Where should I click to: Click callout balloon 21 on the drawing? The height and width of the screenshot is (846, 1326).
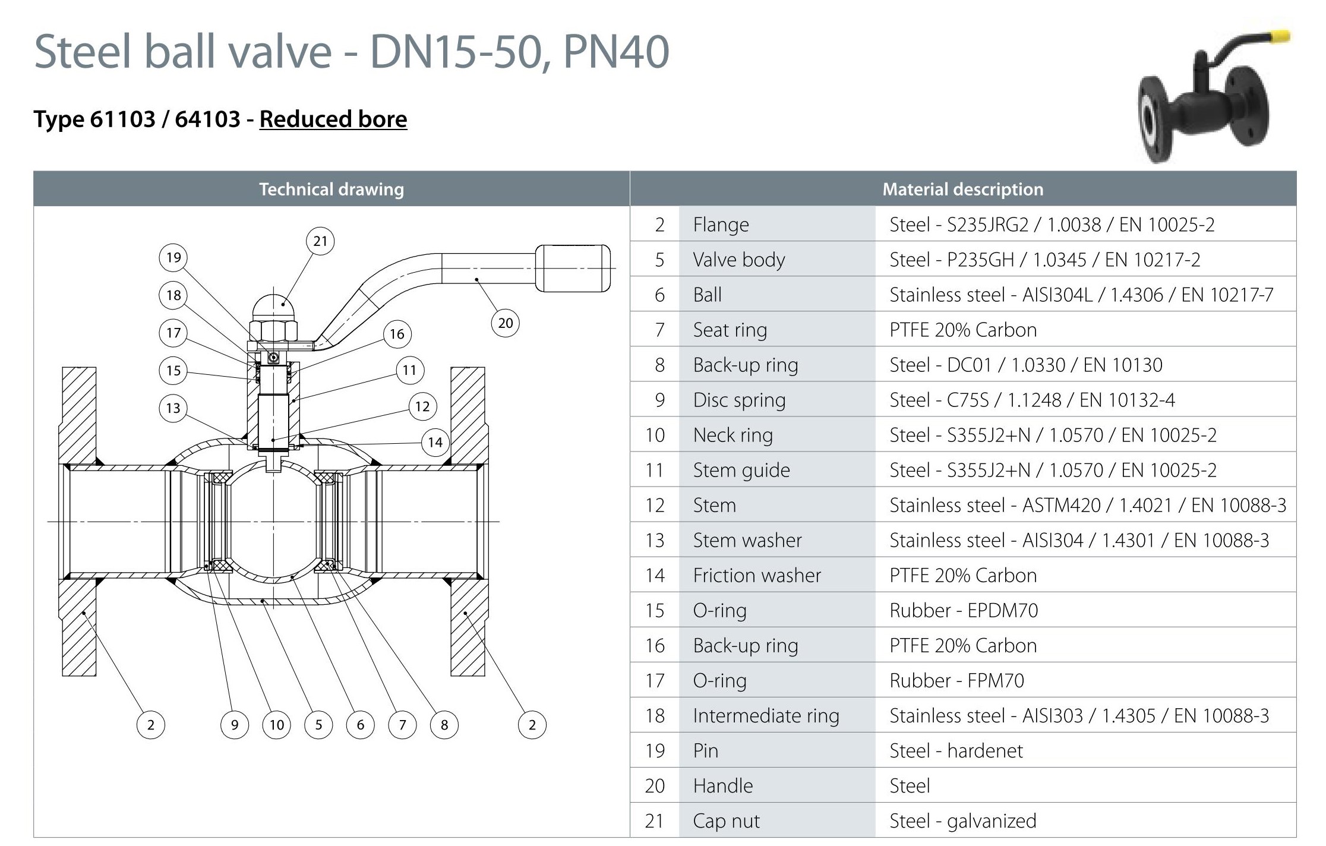tap(320, 241)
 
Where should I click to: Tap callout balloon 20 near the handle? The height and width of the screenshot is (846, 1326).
tap(506, 323)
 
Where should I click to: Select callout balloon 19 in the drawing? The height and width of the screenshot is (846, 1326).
tap(173, 257)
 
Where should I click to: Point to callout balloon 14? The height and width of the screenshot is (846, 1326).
tap(435, 442)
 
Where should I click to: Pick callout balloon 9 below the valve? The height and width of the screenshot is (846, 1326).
tap(235, 725)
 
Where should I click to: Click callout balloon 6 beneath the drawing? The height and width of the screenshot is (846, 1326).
tap(361, 725)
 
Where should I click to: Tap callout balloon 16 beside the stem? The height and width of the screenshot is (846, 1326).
tap(397, 334)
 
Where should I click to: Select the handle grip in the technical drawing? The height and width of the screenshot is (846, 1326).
tap(573, 268)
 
